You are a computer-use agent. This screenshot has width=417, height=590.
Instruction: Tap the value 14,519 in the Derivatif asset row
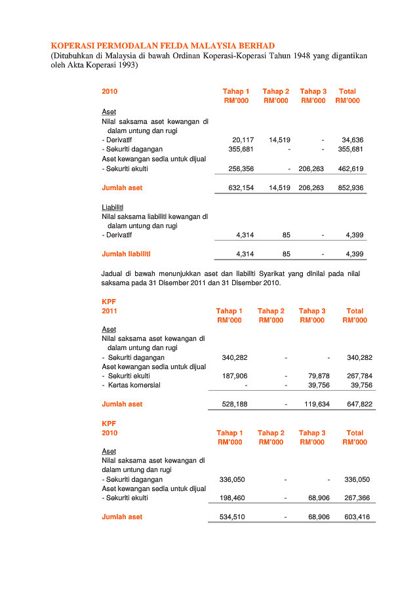279,140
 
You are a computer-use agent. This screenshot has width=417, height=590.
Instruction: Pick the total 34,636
352,140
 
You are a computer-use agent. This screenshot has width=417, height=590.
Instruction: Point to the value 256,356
241,169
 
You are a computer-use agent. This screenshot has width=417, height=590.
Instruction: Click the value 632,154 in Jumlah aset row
241,188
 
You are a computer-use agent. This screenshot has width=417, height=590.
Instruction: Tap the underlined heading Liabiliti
112,207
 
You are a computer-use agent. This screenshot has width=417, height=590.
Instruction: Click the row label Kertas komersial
134,385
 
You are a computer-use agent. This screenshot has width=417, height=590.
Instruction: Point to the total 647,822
359,404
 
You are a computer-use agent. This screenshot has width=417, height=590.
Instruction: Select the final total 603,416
357,517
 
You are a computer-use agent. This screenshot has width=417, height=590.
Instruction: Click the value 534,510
231,517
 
